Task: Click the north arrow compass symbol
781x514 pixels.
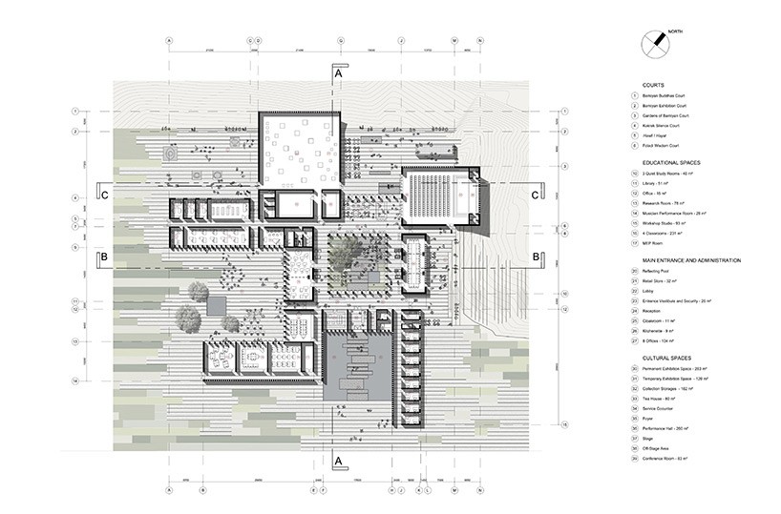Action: (654, 43)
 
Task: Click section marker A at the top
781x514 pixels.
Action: (337, 72)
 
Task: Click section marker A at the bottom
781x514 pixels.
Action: (337, 460)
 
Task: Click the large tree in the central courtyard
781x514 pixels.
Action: (343, 253)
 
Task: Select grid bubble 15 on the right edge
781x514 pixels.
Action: (565, 424)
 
